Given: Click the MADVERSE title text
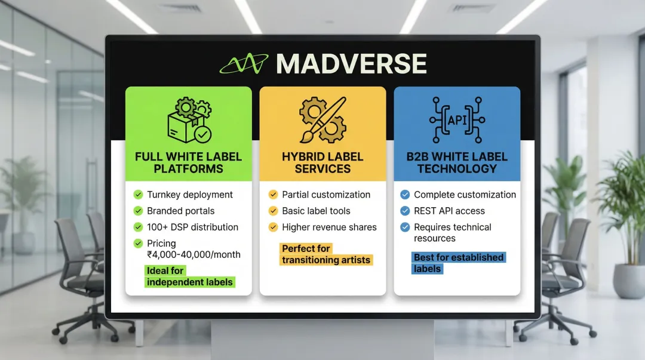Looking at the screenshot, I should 351,64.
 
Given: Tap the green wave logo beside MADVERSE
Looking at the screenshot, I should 244,63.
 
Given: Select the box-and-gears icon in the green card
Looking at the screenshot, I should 189,120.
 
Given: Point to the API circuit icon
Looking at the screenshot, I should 457,119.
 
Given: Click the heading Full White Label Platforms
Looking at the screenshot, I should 189,162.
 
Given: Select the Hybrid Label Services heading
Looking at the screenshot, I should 322,162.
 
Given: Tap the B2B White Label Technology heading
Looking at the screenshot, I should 457,162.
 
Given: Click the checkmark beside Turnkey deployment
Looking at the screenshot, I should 138,195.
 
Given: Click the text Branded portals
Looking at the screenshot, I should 180,211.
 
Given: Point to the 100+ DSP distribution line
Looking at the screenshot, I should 192,227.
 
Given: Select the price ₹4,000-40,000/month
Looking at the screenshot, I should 193,254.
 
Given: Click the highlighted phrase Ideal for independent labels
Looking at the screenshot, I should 190,276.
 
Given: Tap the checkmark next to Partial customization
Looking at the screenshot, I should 273,195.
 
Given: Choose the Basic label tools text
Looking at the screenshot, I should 316,211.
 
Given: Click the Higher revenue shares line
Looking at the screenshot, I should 329,227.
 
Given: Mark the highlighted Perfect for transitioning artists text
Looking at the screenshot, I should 326,254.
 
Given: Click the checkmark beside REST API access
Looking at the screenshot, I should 405,211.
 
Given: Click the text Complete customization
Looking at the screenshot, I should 465,195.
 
